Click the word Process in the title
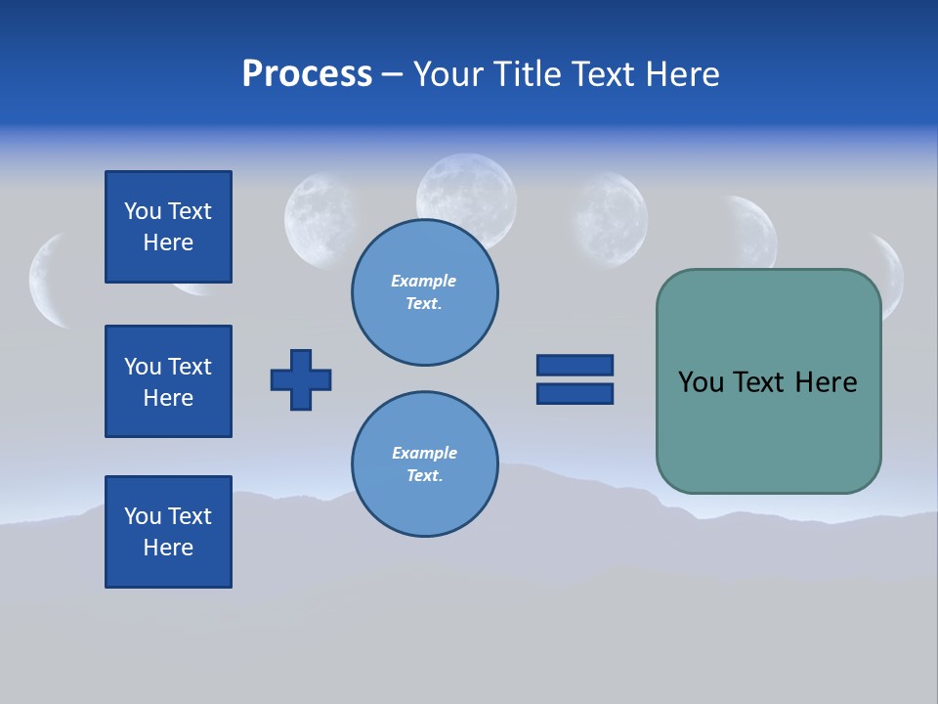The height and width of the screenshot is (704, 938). click(307, 74)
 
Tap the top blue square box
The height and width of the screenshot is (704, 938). click(168, 227)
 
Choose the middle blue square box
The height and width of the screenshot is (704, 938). click(168, 381)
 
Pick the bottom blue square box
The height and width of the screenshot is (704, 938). click(168, 532)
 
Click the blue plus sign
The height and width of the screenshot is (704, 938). click(301, 379)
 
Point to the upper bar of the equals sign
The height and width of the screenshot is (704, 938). click(575, 365)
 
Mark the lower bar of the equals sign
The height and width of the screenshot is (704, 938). click(575, 393)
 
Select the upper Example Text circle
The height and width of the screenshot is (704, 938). click(424, 291)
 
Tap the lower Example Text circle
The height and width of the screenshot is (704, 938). click(424, 463)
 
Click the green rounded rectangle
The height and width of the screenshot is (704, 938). click(768, 430)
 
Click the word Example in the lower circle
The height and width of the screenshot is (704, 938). click(424, 453)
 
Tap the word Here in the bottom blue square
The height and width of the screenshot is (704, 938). click(168, 548)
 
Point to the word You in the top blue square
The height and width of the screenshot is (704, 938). click(141, 211)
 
